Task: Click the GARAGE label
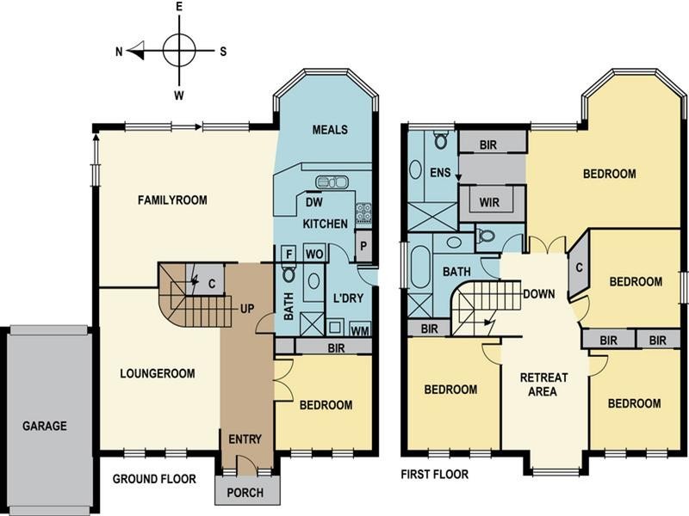[45, 426]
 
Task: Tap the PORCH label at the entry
[245, 493]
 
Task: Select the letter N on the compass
[119, 52]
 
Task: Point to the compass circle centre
[179, 51]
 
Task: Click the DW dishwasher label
[313, 202]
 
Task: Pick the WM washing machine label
[360, 329]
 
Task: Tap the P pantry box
[363, 246]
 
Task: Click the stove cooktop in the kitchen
[363, 212]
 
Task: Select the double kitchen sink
[332, 181]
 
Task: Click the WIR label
[489, 202]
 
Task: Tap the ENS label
[440, 173]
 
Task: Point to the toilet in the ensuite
[440, 139]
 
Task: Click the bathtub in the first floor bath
[420, 267]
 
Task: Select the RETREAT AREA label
[543, 384]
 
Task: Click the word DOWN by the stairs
[539, 294]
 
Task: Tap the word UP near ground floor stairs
[247, 309]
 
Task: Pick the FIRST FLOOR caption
[435, 475]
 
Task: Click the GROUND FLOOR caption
[154, 479]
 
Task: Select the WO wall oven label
[314, 254]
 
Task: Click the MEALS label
[330, 130]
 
